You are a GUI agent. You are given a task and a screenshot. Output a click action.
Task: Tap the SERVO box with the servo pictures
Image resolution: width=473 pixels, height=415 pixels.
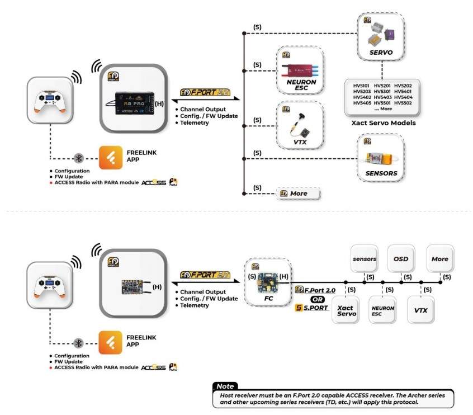[x=381, y=37]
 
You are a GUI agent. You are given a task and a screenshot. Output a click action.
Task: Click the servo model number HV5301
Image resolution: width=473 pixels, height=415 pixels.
[x=382, y=91]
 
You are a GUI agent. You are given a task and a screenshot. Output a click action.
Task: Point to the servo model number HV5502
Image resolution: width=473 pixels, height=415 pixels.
[x=403, y=103]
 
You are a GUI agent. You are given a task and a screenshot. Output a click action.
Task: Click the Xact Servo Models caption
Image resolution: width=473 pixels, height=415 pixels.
[x=383, y=122]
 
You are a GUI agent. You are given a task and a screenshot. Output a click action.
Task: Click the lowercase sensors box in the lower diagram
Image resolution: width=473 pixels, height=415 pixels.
[x=365, y=259]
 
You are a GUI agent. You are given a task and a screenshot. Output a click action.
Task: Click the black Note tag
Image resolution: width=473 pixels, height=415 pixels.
[x=225, y=386]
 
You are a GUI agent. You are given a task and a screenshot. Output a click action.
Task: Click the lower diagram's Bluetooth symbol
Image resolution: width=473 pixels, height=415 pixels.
[x=79, y=343]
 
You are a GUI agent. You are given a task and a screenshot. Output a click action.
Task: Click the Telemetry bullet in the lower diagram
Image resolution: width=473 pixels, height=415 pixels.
[x=193, y=306]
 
